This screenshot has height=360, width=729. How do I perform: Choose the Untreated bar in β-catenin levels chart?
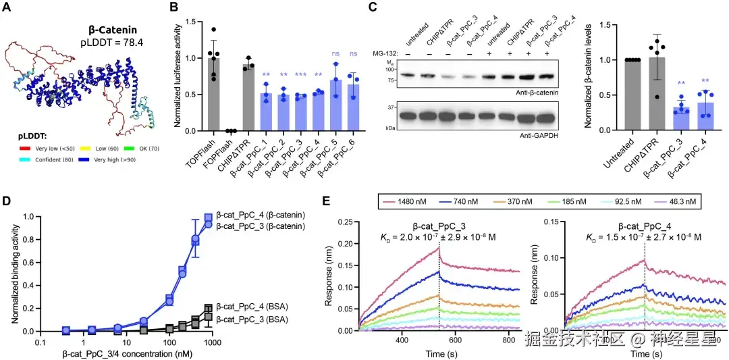click(632, 95)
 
